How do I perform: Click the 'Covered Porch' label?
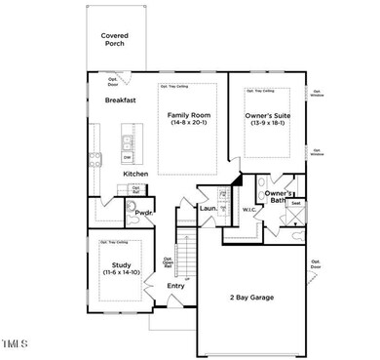pyautogui.click(x=115, y=40)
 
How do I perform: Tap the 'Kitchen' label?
pyautogui.click(x=135, y=174)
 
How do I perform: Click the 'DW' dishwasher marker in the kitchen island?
pyautogui.click(x=127, y=156)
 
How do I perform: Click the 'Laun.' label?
pyautogui.click(x=208, y=208)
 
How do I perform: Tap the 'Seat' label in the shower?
pyautogui.click(x=296, y=203)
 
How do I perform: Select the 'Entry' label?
pyautogui.click(x=175, y=286)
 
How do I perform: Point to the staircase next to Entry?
pyautogui.click(x=184, y=249)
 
